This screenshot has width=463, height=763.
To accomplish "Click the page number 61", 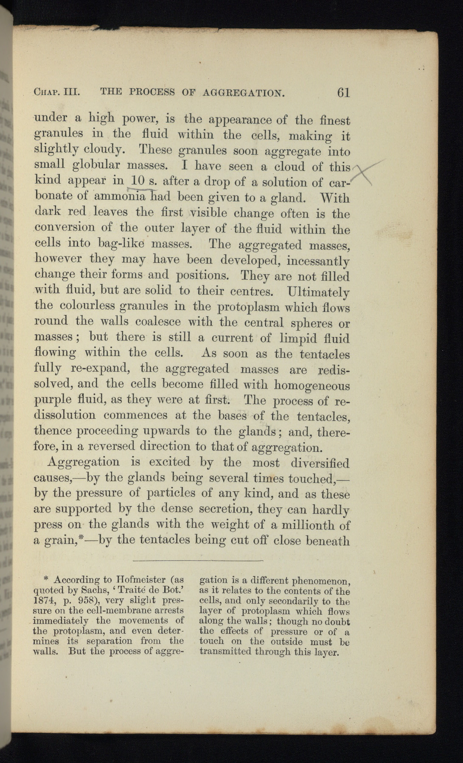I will click(x=343, y=92).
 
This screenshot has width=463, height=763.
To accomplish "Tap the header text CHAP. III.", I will click(x=57, y=92).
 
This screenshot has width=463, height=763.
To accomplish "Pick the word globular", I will click(x=98, y=164).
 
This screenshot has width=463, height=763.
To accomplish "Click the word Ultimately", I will click(x=318, y=292).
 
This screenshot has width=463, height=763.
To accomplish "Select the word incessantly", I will click(x=317, y=261).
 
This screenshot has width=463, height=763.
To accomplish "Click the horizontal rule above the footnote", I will click(x=198, y=561).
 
